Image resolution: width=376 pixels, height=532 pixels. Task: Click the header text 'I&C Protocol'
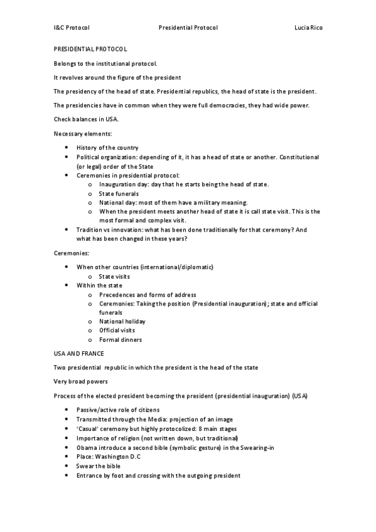click(72, 28)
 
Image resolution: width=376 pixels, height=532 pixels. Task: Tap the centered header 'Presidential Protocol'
click(188, 28)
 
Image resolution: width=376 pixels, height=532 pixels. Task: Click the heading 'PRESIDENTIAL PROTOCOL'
click(90, 48)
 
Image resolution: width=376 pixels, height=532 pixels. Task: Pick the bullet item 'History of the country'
click(107, 147)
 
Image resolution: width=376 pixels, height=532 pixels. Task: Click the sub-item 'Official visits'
click(117, 330)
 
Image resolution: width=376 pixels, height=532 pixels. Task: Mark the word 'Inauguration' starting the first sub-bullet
click(118, 184)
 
